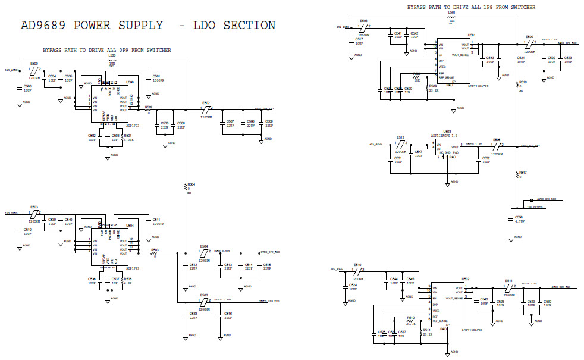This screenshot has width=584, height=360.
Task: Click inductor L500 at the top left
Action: [112, 60]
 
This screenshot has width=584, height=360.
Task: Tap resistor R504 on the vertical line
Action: [187, 189]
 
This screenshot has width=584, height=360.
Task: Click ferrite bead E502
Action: [206, 109]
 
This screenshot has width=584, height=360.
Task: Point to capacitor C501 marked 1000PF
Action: [148, 84]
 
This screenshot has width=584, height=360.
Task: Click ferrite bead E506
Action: [204, 302]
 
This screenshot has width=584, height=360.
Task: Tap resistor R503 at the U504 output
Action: [155, 253]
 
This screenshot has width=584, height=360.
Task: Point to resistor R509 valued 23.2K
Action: [428, 89]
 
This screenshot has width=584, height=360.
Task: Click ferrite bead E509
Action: [529, 43]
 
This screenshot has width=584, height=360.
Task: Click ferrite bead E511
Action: [508, 287]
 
